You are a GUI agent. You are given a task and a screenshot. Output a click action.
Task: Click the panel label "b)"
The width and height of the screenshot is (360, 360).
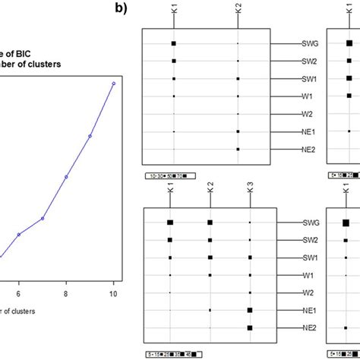point(122,10)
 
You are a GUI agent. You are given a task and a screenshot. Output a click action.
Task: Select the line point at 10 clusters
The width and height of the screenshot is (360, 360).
point(113,84)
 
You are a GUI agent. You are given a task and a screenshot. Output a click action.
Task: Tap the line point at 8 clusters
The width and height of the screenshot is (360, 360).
point(66,177)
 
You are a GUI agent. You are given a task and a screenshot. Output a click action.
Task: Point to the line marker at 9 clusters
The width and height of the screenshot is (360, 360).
point(90,136)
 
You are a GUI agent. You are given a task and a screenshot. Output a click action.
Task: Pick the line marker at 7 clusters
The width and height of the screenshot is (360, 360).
point(43,218)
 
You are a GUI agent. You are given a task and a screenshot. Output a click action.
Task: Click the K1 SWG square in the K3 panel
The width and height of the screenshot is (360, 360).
point(170,222)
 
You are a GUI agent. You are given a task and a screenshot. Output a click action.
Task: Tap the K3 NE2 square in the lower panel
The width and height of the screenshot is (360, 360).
point(250,328)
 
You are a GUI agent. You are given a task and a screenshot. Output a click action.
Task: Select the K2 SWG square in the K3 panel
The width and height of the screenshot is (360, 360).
point(210,222)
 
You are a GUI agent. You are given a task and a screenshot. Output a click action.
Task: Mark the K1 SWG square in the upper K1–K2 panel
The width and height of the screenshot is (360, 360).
point(174,44)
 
